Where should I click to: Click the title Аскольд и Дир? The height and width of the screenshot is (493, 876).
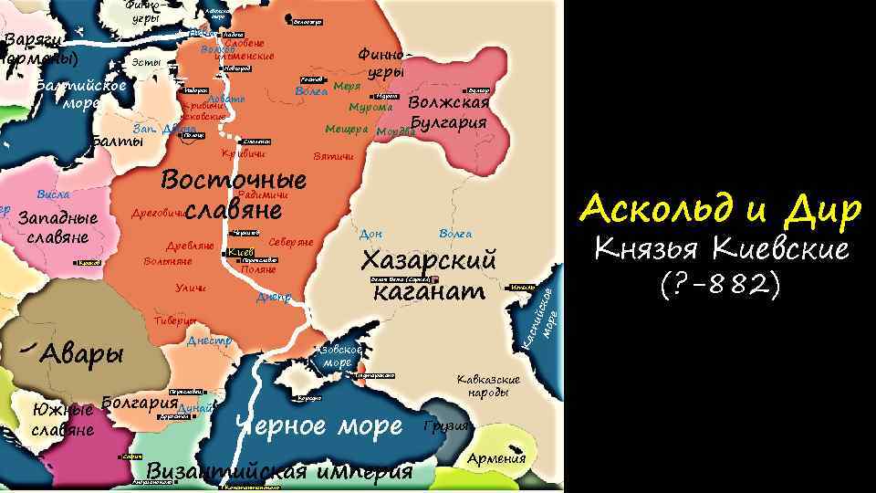tap(720, 211)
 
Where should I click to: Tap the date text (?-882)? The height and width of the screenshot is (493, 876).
tap(720, 285)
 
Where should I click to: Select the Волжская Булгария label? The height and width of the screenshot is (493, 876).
tap(448, 113)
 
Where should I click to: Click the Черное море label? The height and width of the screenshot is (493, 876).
tap(318, 425)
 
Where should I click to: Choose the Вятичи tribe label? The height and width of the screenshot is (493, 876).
tap(332, 156)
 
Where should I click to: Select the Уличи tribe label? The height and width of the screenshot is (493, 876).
tap(190, 289)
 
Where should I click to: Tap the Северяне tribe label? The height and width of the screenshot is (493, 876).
tap(291, 242)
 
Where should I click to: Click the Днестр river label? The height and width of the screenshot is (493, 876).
tap(209, 341)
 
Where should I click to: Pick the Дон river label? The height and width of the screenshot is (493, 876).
tap(371, 234)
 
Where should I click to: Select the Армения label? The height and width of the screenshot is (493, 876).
tap(496, 458)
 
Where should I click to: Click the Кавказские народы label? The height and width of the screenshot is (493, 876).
tap(488, 385)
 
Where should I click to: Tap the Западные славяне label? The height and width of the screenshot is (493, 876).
tap(57, 228)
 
